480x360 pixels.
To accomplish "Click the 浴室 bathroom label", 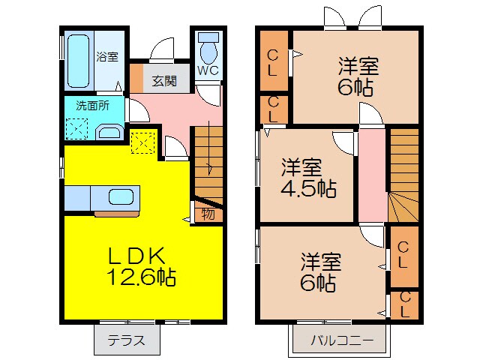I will click(107, 56).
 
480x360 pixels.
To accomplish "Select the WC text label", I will click(208, 71).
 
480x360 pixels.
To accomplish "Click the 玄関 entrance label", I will click(165, 80).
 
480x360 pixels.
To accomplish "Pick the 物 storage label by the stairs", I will click(208, 214).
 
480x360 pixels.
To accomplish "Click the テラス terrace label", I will click(127, 339).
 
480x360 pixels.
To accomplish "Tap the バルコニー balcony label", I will click(342, 340).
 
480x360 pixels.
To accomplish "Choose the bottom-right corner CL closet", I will click(405, 304).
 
